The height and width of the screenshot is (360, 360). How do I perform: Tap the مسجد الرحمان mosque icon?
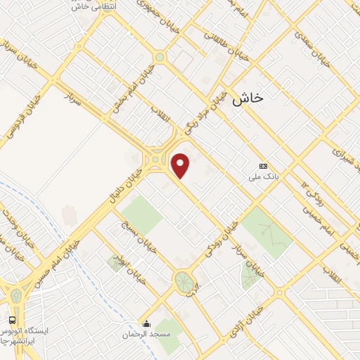pyautogui.click(x=146, y=324)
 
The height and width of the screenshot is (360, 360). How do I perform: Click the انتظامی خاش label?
pyautogui.click(x=96, y=6)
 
